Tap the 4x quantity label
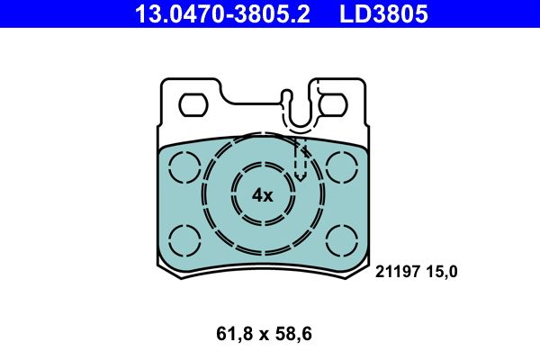pos(262,195)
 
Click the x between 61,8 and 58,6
pos(265,335)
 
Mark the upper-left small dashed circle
pos(185,166)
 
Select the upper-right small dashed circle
pos(342,166)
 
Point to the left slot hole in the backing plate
pos(193,105)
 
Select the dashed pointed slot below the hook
pos(301,157)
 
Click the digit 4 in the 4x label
pos(256,195)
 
